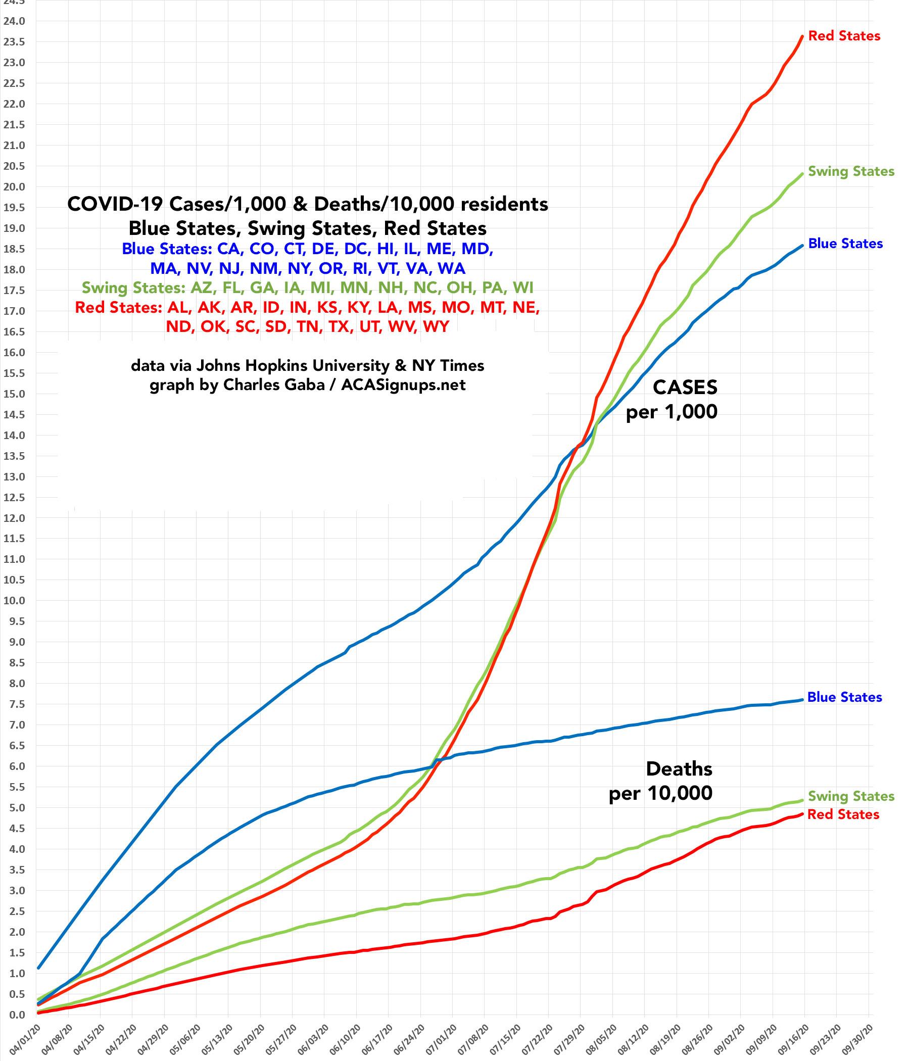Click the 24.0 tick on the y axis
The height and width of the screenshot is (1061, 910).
(14, 22)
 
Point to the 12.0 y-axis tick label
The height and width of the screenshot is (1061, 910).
(14, 518)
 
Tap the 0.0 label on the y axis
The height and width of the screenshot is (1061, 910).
(14, 1015)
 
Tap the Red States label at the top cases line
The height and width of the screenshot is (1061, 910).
(844, 36)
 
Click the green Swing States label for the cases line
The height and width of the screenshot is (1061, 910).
(850, 172)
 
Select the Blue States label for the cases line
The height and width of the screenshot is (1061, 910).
(845, 244)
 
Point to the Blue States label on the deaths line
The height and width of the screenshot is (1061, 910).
(844, 697)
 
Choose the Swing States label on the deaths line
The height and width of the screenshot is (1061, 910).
(850, 796)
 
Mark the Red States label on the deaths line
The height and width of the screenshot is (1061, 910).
(843, 814)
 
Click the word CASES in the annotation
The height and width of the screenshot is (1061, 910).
(685, 388)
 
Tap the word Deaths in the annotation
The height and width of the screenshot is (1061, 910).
(679, 768)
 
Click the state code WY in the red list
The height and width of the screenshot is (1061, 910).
(436, 326)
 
